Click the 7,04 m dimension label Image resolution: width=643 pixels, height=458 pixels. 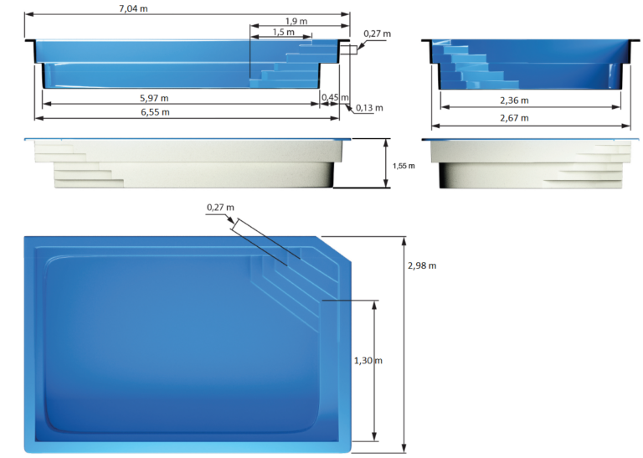(133, 8)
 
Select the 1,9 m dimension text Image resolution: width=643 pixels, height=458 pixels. (296, 21)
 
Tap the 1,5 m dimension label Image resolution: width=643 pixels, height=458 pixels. (283, 32)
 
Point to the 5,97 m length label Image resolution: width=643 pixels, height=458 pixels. (154, 98)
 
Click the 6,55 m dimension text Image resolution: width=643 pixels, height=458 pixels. (155, 112)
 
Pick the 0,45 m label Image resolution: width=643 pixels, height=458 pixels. (335, 97)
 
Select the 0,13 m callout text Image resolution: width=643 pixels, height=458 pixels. (369, 108)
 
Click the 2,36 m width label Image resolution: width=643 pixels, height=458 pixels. (514, 100)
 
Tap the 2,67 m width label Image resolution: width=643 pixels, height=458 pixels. (514, 118)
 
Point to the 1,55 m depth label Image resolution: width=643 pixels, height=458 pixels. (404, 166)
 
